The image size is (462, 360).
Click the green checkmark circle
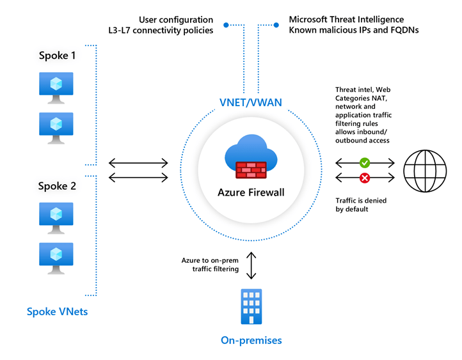click(365, 162)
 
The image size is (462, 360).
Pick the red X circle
click(365, 177)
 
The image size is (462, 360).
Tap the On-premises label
click(251, 340)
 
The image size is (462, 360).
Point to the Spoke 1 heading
click(56, 56)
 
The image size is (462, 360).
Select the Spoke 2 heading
click(56, 186)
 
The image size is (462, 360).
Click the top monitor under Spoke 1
click(56, 88)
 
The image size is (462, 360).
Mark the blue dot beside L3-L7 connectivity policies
click(226, 26)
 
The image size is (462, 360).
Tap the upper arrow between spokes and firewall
click(138, 162)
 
